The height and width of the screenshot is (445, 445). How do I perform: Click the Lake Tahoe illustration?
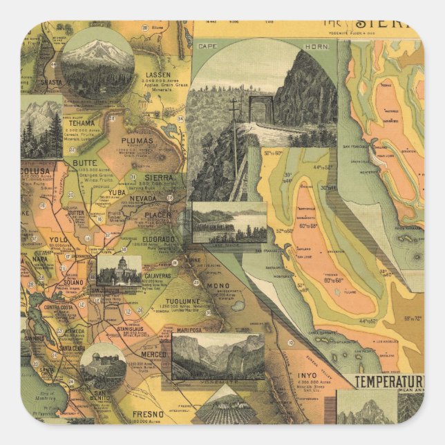coord(229,222)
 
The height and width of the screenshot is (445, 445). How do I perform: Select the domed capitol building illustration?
coord(119,269)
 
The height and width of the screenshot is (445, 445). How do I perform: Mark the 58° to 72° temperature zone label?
coord(415,319)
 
